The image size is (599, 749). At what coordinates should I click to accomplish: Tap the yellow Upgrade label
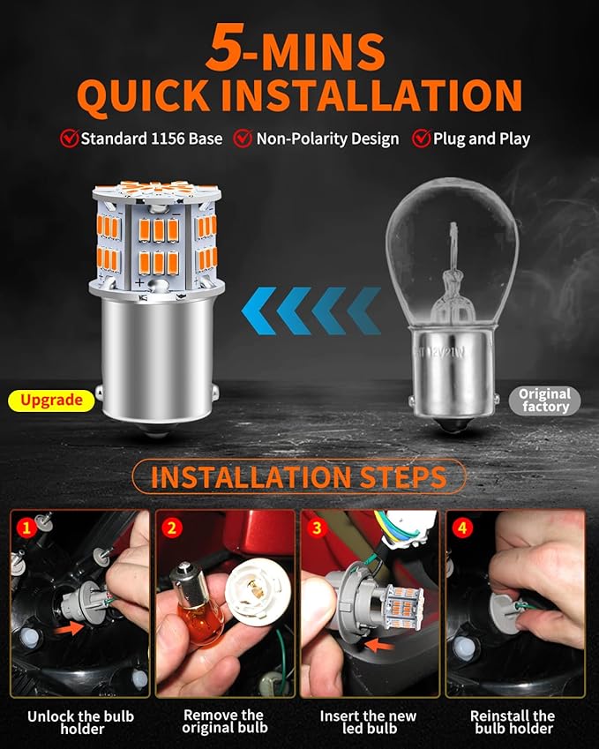point(51,401)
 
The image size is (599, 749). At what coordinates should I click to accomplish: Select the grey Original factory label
point(544,401)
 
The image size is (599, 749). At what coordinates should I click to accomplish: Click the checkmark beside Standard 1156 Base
point(70,139)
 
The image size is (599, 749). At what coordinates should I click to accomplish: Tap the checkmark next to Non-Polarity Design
point(243,139)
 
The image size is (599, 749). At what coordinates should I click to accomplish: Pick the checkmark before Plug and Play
point(422,139)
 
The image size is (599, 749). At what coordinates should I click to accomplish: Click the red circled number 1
point(26,528)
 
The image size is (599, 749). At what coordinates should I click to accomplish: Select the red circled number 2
point(171,528)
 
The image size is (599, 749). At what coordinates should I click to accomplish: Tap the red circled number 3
point(317,528)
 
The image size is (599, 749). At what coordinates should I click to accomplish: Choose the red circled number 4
point(462,528)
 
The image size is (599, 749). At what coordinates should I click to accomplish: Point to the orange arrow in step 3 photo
point(378,646)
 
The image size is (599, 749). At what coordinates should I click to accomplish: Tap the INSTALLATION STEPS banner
point(298,476)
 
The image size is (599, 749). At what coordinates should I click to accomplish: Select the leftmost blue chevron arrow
point(258,311)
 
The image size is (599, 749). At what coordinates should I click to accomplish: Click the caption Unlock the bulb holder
point(80,723)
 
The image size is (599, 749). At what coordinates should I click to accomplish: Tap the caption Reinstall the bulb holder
point(513,723)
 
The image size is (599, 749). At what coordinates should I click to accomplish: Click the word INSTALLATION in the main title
point(378,95)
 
